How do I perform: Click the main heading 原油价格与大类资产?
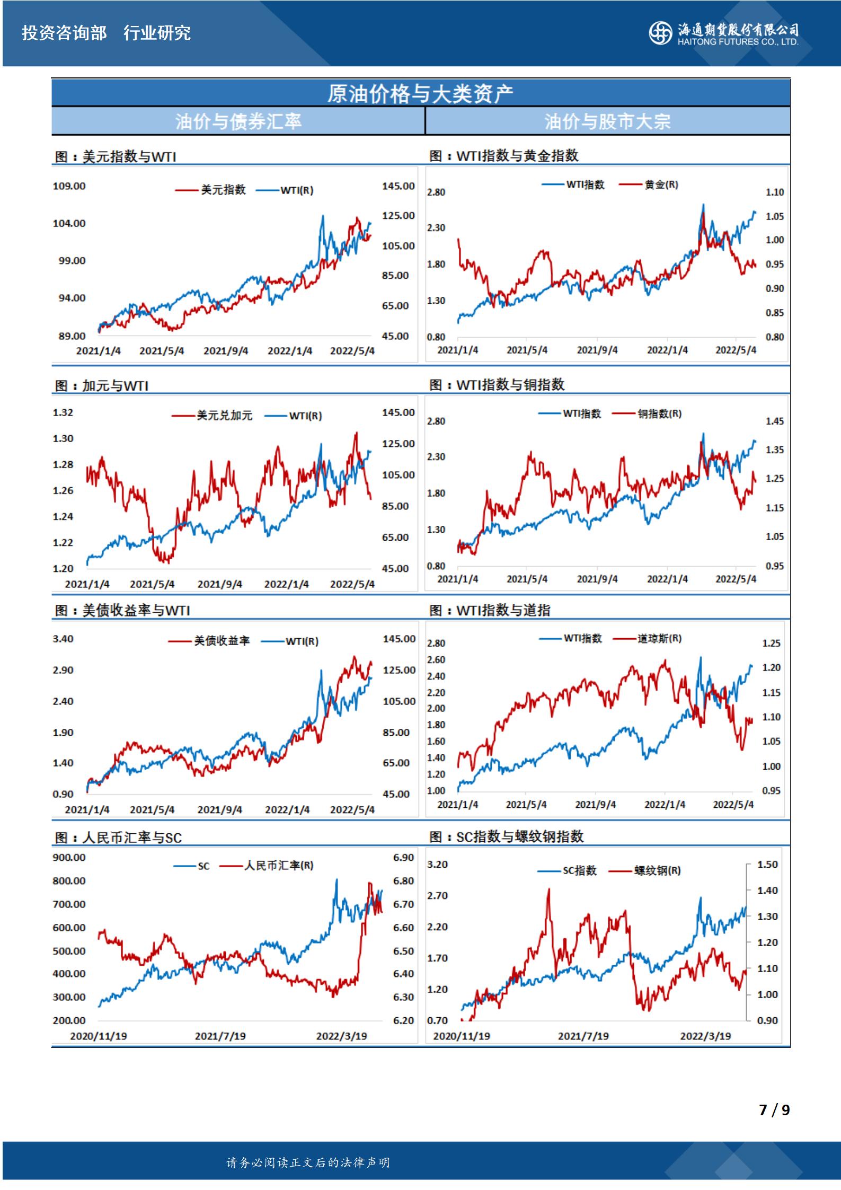tap(420, 94)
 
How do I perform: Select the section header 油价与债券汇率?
tap(238, 121)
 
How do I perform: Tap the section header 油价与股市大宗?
tap(607, 121)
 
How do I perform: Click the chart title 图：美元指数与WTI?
tap(116, 157)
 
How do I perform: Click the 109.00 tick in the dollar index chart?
tap(69, 186)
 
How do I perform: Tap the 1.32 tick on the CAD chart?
tap(63, 412)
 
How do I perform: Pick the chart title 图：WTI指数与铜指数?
tap(497, 385)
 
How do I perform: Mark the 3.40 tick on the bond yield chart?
tap(63, 639)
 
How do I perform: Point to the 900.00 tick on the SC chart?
tap(69, 858)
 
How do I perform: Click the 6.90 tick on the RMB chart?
tap(403, 858)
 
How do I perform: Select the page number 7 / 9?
tap(774, 1110)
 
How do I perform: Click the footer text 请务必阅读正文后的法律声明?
tap(308, 1162)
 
